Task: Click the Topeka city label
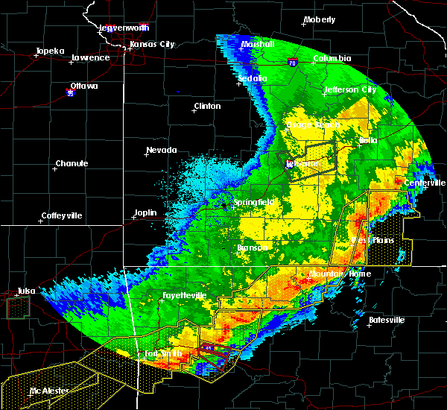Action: pos(48,51)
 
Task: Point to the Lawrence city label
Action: pos(90,57)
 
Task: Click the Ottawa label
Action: pos(84,86)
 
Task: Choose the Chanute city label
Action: pos(72,163)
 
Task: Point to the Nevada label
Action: pos(162,151)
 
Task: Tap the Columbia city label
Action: pos(332,58)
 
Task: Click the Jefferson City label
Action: pos(349,89)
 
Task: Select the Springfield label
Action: pos(255,202)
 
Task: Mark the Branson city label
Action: pos(253,247)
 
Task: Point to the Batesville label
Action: pos(387,320)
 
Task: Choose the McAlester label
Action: pos(45,391)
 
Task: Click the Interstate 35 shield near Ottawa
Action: pos(71,93)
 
